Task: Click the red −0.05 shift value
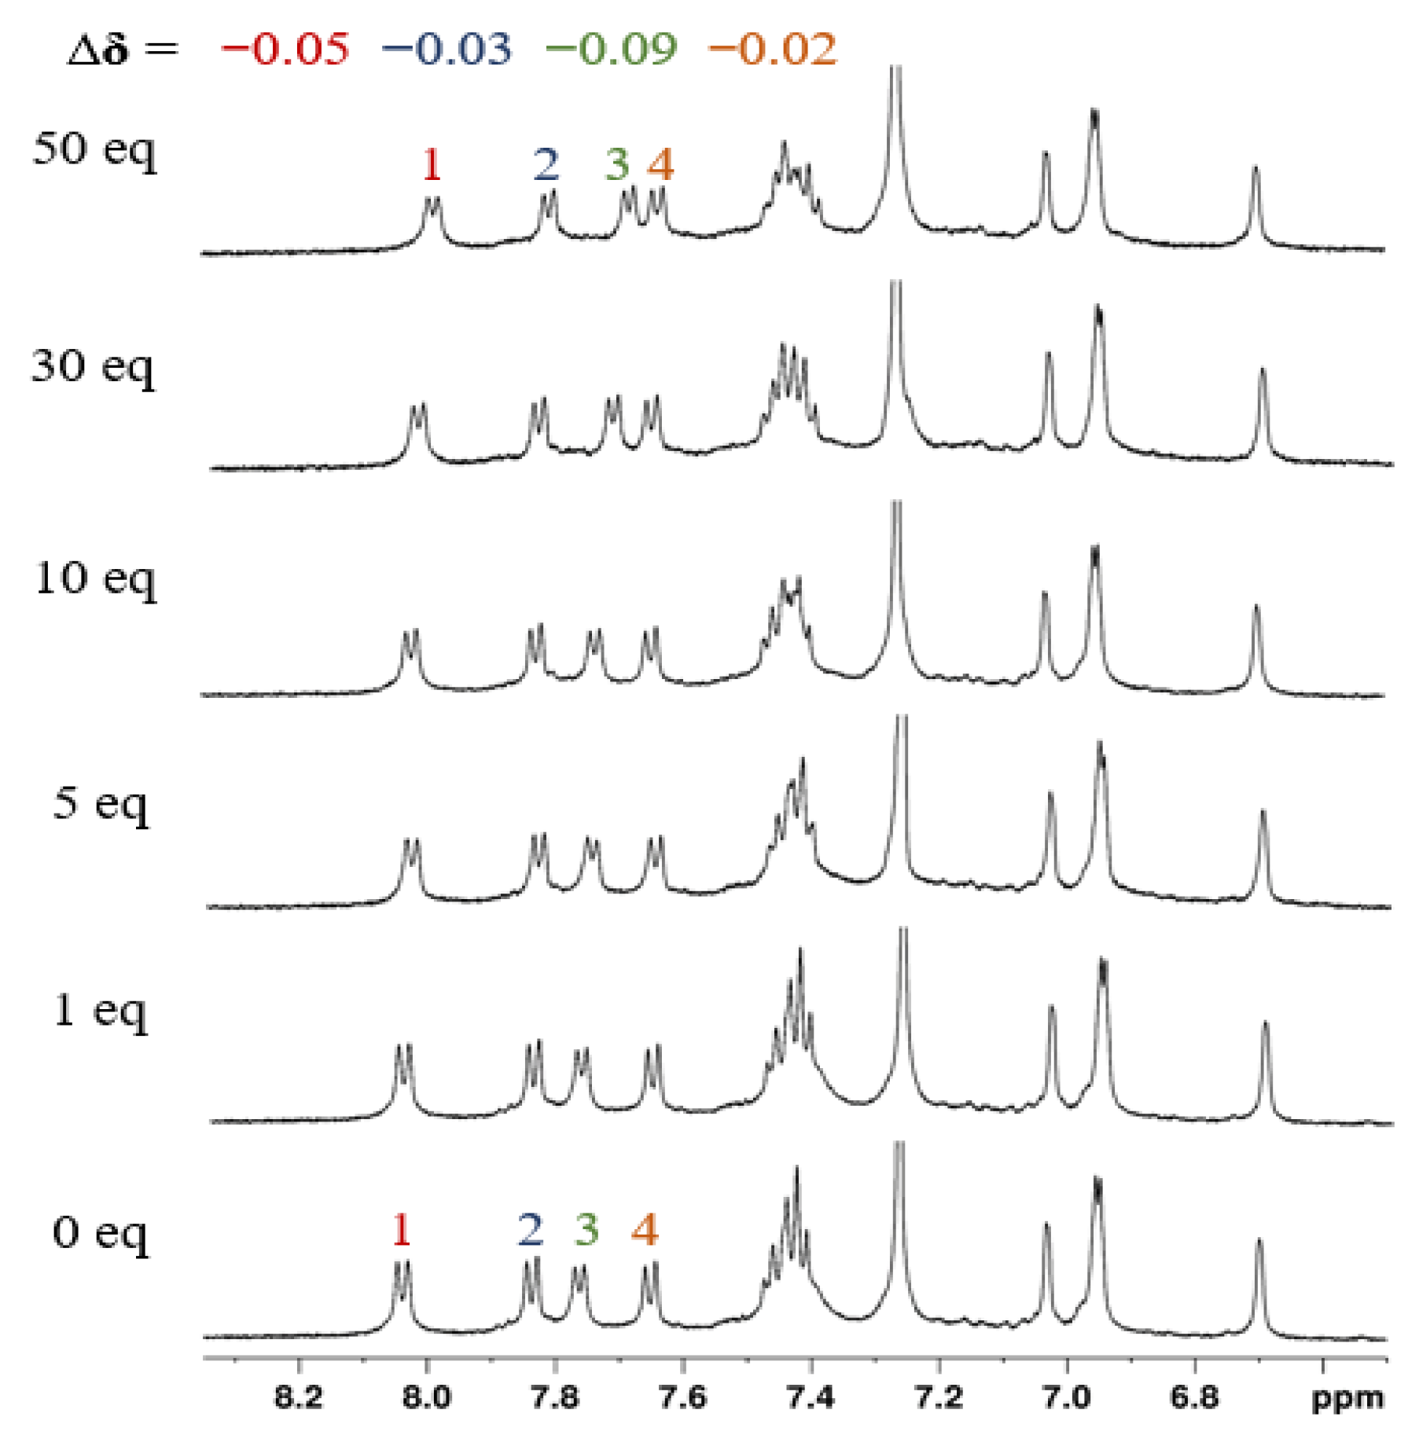pyautogui.click(x=285, y=49)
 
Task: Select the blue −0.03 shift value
pyautogui.click(x=447, y=49)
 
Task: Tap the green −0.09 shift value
pyautogui.click(x=611, y=49)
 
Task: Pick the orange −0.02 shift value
pyautogui.click(x=773, y=49)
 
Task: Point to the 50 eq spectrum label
pyautogui.click(x=94, y=149)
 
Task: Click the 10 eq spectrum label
pyautogui.click(x=95, y=580)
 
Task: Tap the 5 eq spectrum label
pyautogui.click(x=101, y=804)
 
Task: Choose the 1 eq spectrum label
pyautogui.click(x=100, y=1011)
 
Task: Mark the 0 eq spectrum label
pyautogui.click(x=100, y=1233)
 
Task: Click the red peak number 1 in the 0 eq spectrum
pyautogui.click(x=401, y=1229)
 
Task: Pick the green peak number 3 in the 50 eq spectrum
pyautogui.click(x=617, y=164)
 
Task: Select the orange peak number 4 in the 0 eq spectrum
pyautogui.click(x=645, y=1229)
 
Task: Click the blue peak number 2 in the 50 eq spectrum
pyautogui.click(x=546, y=164)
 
